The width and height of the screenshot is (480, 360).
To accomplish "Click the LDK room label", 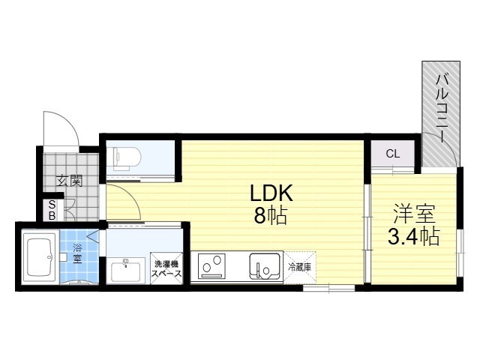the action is coord(271,193).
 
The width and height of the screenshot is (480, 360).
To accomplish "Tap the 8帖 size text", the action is coord(270,215).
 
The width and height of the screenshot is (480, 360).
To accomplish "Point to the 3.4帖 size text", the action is coord(414,237).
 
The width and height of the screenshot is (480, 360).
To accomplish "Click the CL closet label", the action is coord(393,153).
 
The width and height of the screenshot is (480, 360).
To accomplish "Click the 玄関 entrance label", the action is coord(70,181).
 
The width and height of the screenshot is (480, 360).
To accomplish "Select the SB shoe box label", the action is coord(52,210).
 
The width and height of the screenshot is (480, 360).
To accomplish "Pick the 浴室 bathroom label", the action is coord(77,253).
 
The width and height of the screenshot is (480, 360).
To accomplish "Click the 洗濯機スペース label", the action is coord(166,268).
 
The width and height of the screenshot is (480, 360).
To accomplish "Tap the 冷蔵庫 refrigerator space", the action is coord(300,267).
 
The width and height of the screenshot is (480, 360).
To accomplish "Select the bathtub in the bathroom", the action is coord(40,257).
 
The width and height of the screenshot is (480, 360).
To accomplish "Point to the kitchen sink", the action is coord(265,265).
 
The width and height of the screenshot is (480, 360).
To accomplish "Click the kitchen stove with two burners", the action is coord(211,266).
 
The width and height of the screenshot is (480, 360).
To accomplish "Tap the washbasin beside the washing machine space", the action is coord(126,270).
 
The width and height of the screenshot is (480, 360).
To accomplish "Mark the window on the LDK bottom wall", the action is coord(328,288).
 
